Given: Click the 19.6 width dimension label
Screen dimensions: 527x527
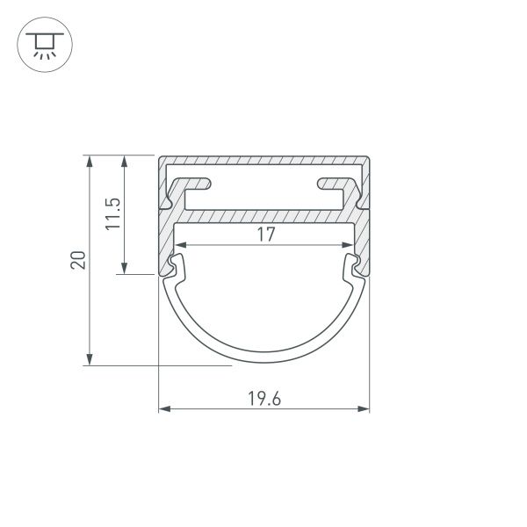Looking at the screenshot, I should tap(263, 397).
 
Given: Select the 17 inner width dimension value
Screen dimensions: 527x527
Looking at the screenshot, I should tap(266, 235).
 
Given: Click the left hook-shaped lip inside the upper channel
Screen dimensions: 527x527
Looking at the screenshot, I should tap(200, 184).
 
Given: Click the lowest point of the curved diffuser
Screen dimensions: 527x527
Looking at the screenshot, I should tap(263, 359).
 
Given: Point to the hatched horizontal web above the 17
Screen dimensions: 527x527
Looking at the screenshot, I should tap(263, 215).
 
